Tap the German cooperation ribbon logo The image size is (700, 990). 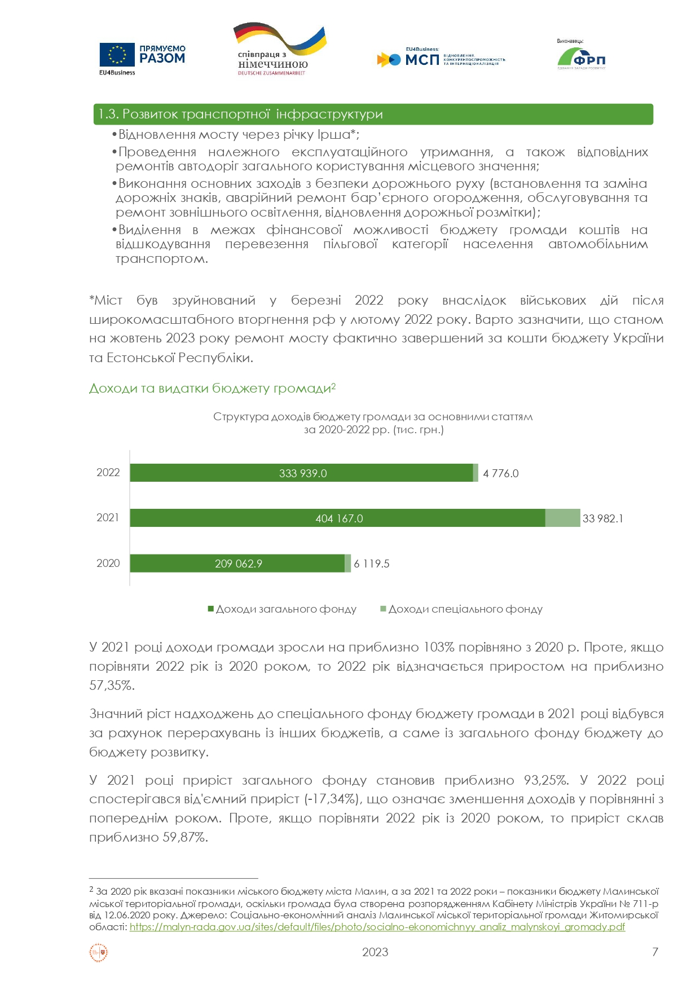pyautogui.click(x=279, y=50)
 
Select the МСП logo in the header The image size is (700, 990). pyautogui.click(x=440, y=58)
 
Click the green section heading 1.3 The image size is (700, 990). pyautogui.click(x=372, y=114)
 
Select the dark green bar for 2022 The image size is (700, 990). pyautogui.click(x=301, y=473)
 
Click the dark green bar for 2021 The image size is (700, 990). pyautogui.click(x=337, y=518)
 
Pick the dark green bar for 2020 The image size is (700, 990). pyautogui.click(x=237, y=563)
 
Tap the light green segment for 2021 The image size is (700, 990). pyautogui.click(x=562, y=518)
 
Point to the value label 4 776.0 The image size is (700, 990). pyautogui.click(x=500, y=473)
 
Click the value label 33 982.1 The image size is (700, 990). pyautogui.click(x=602, y=518)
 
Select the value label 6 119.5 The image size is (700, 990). pyautogui.click(x=372, y=564)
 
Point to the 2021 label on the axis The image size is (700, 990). pyautogui.click(x=108, y=518)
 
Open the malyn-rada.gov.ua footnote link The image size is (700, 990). pyautogui.click(x=377, y=927)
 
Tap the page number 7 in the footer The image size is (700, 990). pyautogui.click(x=655, y=952)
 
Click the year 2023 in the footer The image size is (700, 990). pyautogui.click(x=375, y=952)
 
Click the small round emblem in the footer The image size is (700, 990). pyautogui.click(x=99, y=953)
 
